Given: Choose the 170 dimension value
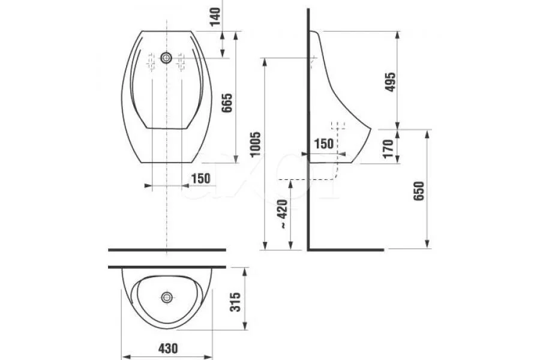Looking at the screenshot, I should coord(388,146).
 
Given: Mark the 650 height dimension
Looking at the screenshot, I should coord(419,191).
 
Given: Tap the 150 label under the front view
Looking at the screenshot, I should coord(200,178).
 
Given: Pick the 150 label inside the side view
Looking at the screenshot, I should coord(323,143).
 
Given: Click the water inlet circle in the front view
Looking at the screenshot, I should coord(166,58).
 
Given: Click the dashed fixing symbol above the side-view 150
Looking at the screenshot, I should coord(339,127).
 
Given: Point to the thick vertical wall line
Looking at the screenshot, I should coord(308,120).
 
